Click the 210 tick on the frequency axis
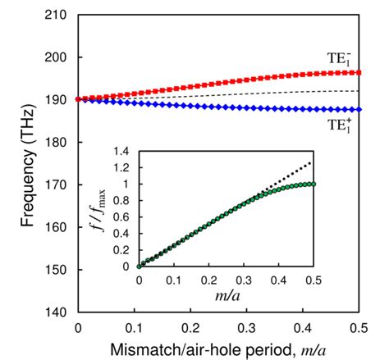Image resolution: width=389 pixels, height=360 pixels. click(x=57, y=15)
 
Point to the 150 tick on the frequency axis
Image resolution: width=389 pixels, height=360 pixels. click(x=57, y=270)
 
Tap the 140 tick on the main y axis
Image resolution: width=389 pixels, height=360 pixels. click(x=57, y=312)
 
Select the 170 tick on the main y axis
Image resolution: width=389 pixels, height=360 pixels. click(x=57, y=185)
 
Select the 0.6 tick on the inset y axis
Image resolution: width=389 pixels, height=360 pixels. click(x=124, y=216)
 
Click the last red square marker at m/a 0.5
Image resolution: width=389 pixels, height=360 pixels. click(x=359, y=72)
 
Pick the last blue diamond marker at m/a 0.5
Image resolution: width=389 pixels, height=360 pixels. click(x=359, y=110)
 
